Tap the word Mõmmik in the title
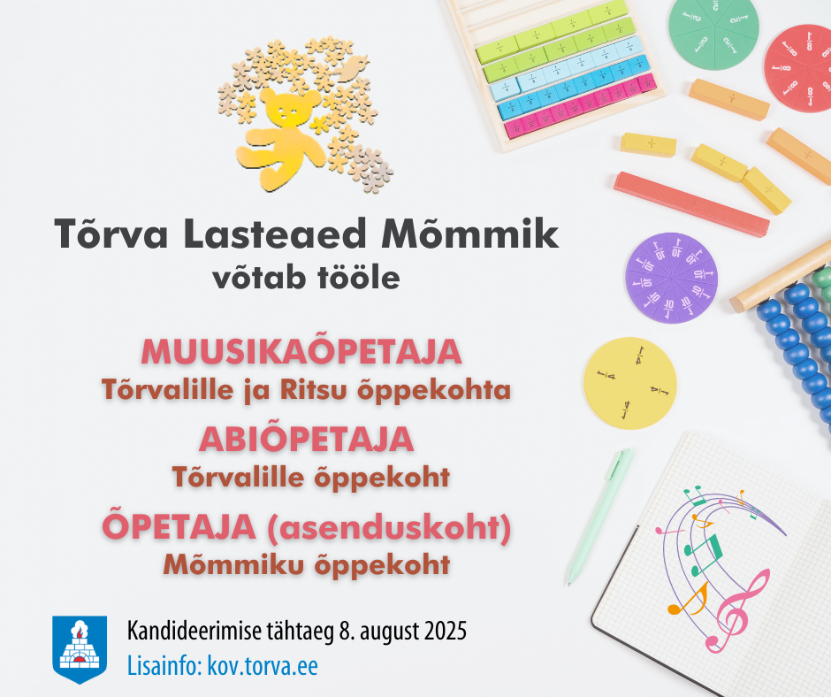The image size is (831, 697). tap(470, 233)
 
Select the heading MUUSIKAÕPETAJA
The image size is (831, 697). tap(301, 351)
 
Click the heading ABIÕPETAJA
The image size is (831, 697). tap(307, 439)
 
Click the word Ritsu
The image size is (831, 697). tap(313, 389)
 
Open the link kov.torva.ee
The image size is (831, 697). tap(263, 666)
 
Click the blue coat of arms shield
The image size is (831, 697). tap(80, 649)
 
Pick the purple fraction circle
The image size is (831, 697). tap(672, 278)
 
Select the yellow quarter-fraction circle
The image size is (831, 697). tap(630, 383)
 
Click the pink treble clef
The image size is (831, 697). tap(736, 611)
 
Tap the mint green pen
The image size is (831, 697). tap(598, 517)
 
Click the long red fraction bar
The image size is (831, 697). tap(691, 203)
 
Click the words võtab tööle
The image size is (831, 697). tap(307, 278)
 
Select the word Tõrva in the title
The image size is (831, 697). tap(111, 233)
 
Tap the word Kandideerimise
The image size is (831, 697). tap(194, 632)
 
